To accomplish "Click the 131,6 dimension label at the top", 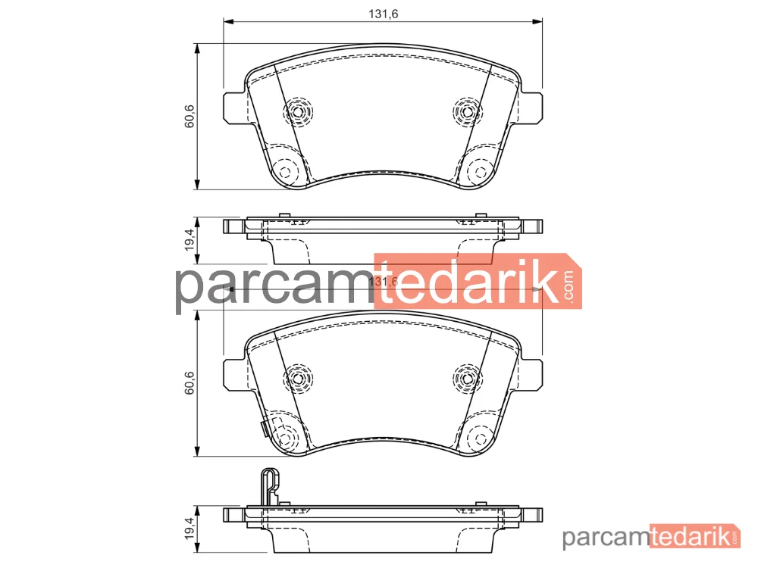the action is pos(384,14).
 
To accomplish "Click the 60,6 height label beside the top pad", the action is pos(189,116).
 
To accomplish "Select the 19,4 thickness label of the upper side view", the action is pos(189,240).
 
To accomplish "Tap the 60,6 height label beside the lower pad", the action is pos(189,382).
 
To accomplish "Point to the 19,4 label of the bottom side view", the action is pos(189,529).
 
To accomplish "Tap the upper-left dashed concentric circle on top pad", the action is pos(298,112).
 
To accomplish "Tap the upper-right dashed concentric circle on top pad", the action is pos(468,112).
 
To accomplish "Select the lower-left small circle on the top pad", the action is pos(285,172).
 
